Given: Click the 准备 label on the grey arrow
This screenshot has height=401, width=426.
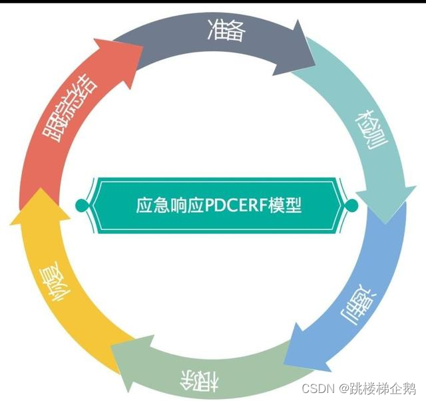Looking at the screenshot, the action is point(226,31).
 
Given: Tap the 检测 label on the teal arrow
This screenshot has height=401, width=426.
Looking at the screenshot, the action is point(371,130).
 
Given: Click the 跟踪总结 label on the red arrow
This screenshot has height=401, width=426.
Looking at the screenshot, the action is point(70,108).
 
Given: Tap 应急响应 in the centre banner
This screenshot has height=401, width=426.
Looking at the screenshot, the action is point(170,205).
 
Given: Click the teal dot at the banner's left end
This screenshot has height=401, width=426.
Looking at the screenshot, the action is point(81,205).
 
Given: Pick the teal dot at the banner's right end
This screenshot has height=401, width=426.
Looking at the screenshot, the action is point(351,205).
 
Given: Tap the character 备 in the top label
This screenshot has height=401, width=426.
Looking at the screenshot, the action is point(236,31).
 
